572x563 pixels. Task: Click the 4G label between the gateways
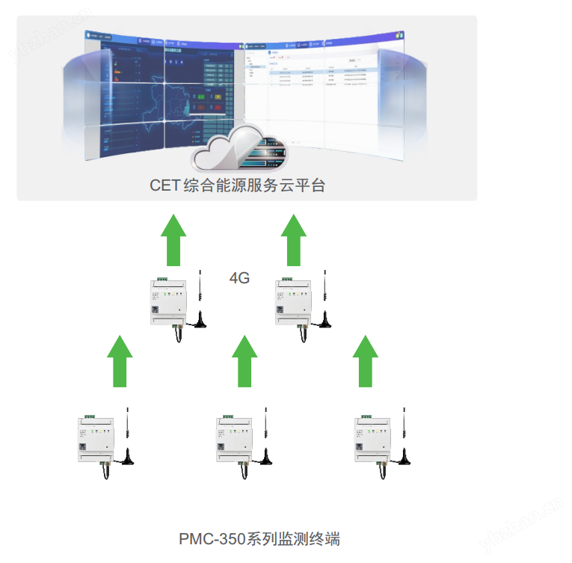coord(239,279)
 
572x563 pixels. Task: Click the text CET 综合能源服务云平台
coord(238,185)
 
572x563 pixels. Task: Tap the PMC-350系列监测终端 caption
coord(259,538)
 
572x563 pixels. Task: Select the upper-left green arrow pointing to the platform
coord(173,239)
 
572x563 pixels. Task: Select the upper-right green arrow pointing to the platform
coord(294,239)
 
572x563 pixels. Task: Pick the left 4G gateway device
coord(168,302)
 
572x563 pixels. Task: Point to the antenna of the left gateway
coord(201,302)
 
